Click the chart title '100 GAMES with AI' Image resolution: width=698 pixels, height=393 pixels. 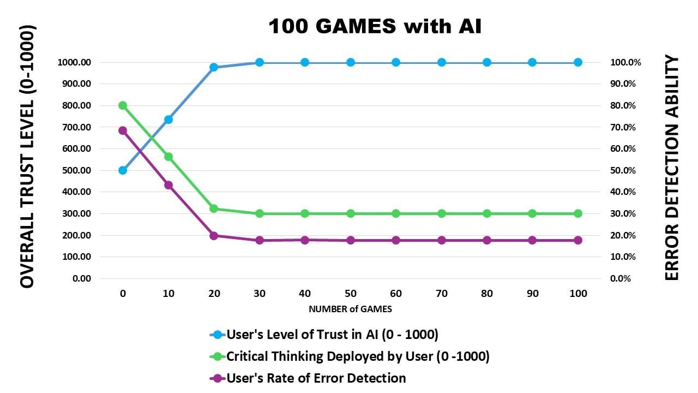375,26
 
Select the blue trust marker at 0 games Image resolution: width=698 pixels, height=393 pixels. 123,170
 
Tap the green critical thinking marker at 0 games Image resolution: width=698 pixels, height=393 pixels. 123,105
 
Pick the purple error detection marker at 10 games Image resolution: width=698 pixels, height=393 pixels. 169,185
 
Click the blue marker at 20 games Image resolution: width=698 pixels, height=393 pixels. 214,67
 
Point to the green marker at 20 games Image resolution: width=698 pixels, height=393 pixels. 214,209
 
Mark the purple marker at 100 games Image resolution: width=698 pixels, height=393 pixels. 578,240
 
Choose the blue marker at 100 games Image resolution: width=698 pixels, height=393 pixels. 578,62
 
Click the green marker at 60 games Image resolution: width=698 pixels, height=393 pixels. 396,213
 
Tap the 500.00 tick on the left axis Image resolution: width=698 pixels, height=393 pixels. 74,170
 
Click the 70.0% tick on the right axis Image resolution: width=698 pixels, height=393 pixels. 623,127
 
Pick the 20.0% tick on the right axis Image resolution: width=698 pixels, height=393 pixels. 623,235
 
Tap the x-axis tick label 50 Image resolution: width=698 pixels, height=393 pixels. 351,294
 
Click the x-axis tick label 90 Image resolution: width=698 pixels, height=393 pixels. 533,294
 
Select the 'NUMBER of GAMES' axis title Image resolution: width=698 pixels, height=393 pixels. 350,309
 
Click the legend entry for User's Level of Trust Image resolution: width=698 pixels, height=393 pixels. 332,334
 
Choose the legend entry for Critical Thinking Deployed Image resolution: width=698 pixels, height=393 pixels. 357,356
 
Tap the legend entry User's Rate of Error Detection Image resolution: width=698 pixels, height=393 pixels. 316,378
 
